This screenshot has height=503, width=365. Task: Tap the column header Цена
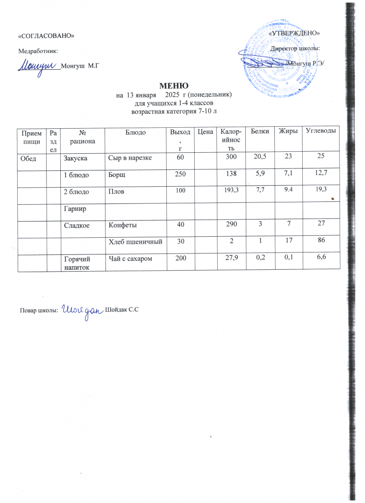pos(206,131)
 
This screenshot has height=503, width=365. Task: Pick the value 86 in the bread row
pos(322,241)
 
